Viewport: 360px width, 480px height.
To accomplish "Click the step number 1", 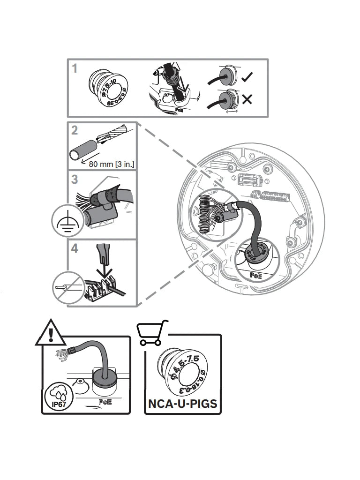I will point(75,68).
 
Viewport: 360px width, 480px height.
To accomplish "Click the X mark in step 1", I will point(247,99).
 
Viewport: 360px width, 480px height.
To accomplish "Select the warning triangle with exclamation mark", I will point(48,334).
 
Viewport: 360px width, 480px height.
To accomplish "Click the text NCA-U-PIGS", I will point(183,403).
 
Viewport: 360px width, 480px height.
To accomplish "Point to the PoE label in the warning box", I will point(105,402).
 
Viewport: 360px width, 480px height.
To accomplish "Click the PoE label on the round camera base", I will point(256,276).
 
